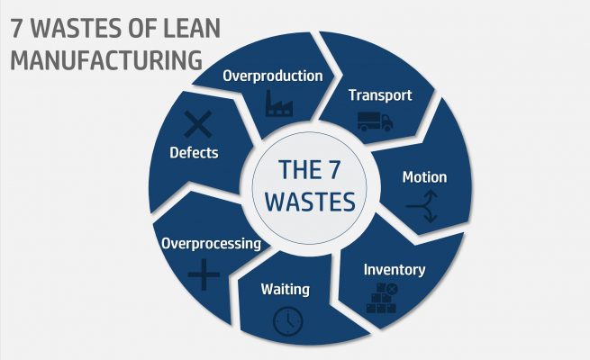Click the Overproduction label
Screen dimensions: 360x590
(x=274, y=76)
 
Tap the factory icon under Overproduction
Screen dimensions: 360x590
(x=278, y=103)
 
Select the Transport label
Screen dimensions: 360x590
(x=380, y=95)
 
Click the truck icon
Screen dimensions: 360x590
(x=374, y=121)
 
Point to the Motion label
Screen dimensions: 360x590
(x=423, y=177)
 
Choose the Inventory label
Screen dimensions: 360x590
(x=395, y=269)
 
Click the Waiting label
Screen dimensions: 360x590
(x=285, y=289)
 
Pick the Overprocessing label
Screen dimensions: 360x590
(x=211, y=243)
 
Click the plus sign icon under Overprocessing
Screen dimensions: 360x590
(x=204, y=274)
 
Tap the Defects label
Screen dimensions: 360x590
(x=194, y=152)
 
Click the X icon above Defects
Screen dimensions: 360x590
(x=198, y=123)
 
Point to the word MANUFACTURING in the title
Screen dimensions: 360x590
(x=105, y=60)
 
